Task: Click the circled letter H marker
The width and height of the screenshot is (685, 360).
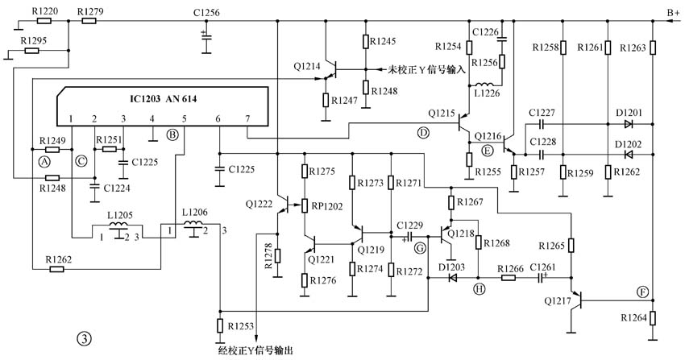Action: [480, 289]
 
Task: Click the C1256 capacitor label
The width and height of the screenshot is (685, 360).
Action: [206, 11]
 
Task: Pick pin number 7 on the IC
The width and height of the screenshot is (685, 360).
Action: [247, 119]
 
